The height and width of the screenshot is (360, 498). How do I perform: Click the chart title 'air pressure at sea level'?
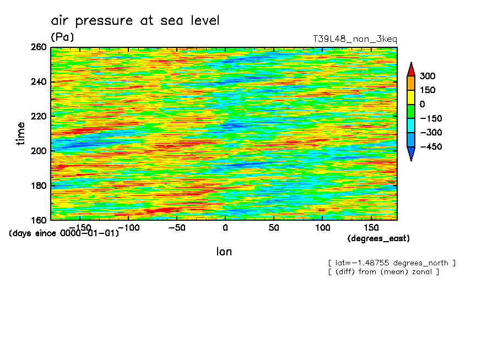click(135, 21)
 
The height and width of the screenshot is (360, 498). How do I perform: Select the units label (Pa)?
click(62, 37)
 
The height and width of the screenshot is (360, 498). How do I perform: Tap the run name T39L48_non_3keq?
click(354, 39)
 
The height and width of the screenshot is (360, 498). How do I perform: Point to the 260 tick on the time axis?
click(40, 48)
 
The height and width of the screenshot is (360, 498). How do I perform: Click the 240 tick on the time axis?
click(40, 82)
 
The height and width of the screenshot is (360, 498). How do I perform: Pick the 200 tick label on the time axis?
click(40, 151)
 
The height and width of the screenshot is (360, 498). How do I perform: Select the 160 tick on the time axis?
click(40, 220)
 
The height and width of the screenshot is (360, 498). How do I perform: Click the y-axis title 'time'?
click(21, 133)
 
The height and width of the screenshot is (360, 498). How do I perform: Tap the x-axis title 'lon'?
click(224, 252)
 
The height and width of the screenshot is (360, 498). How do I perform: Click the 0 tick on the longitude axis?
click(225, 227)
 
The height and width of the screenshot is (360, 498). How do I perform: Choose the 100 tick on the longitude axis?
click(322, 227)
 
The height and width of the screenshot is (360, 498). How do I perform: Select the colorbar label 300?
click(427, 76)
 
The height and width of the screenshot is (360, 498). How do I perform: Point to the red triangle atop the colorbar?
click(410, 69)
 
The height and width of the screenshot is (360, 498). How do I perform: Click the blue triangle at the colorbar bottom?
click(410, 154)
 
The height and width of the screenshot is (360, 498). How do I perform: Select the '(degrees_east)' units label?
click(378, 238)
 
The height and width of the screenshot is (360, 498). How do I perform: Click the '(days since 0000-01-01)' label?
click(64, 233)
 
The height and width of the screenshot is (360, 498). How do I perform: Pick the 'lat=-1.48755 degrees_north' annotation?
click(392, 263)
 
